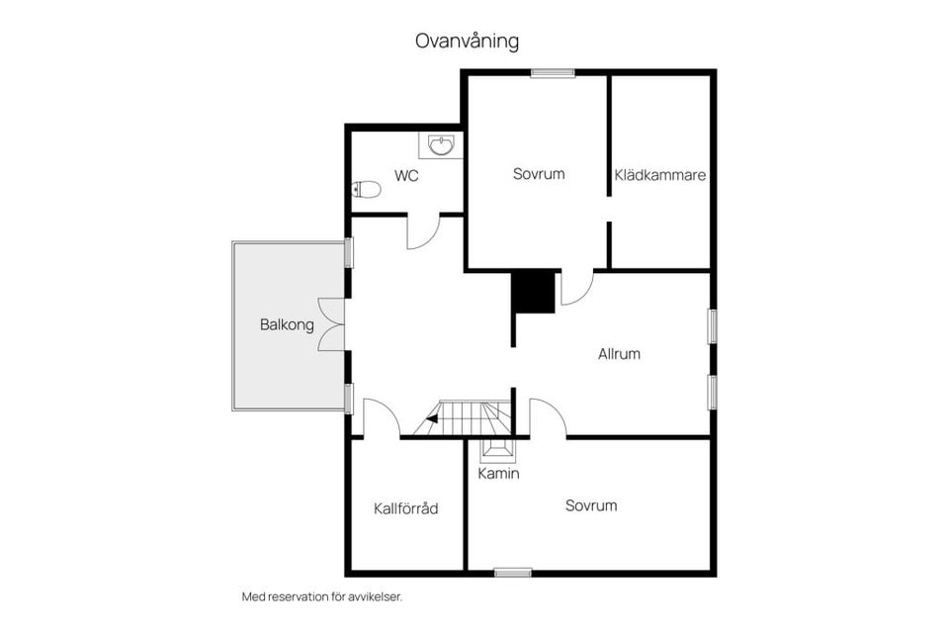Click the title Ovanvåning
[467, 42]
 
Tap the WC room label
[406, 176]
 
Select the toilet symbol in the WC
[367, 188]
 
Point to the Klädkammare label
[659, 175]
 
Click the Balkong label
[287, 324]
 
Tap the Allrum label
[620, 353]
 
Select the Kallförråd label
[405, 508]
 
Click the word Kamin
[498, 474]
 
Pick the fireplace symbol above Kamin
[498, 450]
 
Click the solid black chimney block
[533, 292]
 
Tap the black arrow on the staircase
[432, 419]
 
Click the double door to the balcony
[332, 324]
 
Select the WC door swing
[422, 232]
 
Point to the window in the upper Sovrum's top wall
[553, 72]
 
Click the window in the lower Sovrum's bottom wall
[512, 572]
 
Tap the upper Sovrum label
[539, 174]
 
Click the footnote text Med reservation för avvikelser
[322, 596]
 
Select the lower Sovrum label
[591, 505]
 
